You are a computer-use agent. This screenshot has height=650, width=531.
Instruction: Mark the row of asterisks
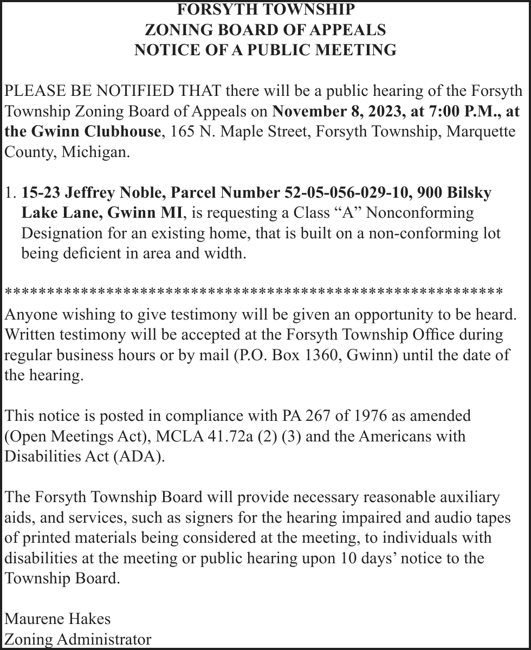(254, 292)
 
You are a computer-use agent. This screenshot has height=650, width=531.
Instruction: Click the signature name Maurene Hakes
(57, 618)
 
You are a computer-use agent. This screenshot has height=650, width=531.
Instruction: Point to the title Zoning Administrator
(78, 639)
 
